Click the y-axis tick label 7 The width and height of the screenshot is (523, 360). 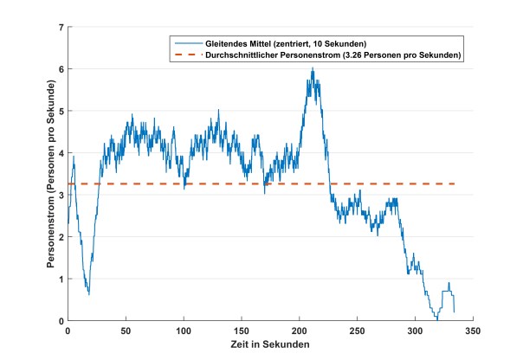pos(61,27)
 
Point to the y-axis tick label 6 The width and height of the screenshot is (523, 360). pos(61,69)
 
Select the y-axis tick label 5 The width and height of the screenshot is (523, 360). pos(61,111)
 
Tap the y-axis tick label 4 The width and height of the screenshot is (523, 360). pos(61,153)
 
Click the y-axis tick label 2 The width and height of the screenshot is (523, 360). pos(61,237)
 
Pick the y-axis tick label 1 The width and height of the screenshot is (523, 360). pos(61,279)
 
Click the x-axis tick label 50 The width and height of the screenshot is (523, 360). pos(126,331)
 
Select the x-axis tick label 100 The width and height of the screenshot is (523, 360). pos(184,331)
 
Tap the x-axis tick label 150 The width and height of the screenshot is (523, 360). pos(242,331)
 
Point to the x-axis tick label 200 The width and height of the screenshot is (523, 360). pos(300,331)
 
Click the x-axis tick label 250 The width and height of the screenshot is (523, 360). pos(358,331)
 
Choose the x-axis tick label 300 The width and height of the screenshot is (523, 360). pos(416,331)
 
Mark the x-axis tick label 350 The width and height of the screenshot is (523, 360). pos(474,331)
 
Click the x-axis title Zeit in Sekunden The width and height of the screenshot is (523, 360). pos(270,344)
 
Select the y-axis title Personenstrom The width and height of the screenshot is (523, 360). pos(50,174)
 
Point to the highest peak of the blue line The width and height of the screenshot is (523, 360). pos(313,68)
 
